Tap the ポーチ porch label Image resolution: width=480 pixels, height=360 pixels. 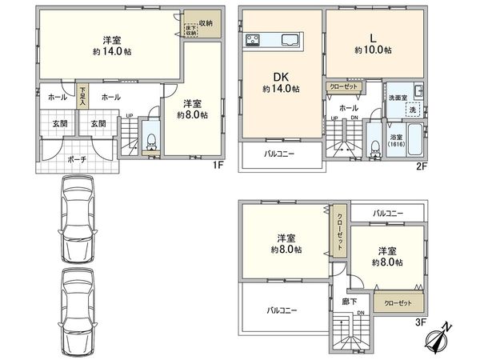[77, 158]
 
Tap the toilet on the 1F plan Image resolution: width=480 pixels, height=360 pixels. [150, 141]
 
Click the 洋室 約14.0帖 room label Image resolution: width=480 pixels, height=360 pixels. [110, 48]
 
